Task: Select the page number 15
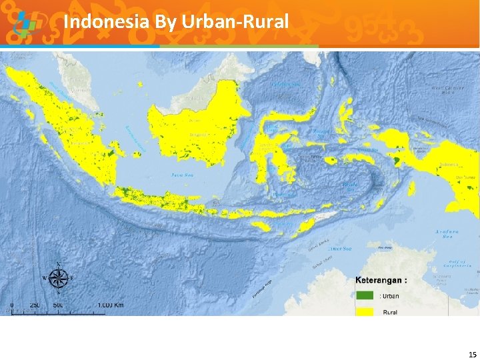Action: coord(472,354)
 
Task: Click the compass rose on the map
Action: coord(59,277)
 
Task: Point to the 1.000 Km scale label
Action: coord(109,305)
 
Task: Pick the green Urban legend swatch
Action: coord(364,295)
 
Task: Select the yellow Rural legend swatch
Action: coord(364,310)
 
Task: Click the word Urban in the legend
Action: coord(390,295)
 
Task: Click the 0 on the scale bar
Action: coord(12,305)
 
